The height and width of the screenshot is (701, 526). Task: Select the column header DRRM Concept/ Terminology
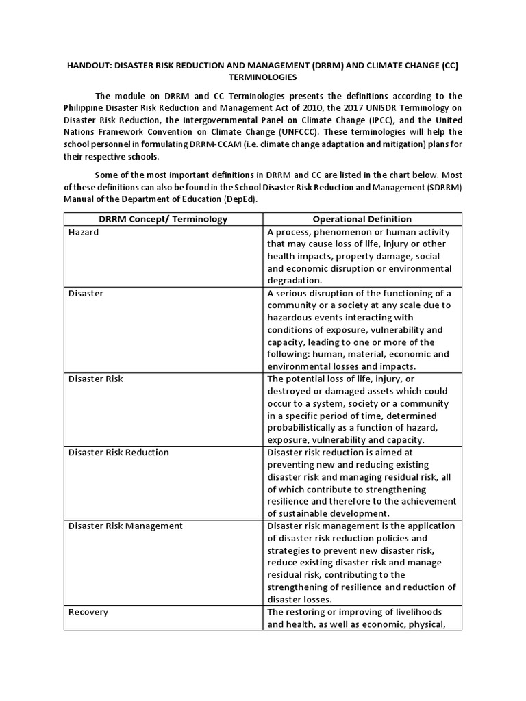click(x=163, y=219)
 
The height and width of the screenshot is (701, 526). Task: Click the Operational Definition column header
click(x=362, y=219)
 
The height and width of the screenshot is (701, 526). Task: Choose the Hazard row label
click(x=84, y=232)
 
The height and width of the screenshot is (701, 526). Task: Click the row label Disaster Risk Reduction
click(x=118, y=453)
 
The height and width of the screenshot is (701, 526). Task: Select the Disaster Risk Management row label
click(x=125, y=526)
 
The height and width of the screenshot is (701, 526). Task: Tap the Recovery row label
click(x=88, y=611)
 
